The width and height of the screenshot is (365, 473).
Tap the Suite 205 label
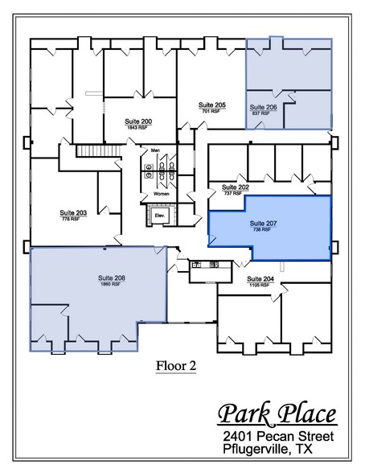pos(211,105)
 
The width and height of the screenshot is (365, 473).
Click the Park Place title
pos(277,415)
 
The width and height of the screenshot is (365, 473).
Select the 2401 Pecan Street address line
pos(278,435)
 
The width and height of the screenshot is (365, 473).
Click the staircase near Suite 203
pos(92,151)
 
